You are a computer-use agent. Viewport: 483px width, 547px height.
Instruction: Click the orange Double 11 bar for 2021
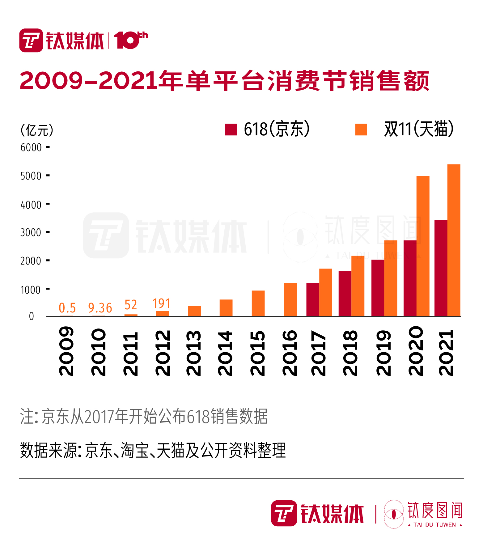coord(454,240)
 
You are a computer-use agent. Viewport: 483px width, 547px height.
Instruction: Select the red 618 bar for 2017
coord(313,299)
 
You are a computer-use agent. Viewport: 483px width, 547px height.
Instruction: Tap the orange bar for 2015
coord(258,303)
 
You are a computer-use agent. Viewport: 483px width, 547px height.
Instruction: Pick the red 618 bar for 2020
coord(410,278)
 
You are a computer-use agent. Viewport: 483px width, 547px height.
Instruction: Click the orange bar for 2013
coord(194,311)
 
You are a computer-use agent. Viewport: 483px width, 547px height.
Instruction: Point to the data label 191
coord(161,303)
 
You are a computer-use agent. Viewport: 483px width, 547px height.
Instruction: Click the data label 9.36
coord(100,308)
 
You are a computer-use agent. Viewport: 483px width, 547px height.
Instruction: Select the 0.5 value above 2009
coord(67,308)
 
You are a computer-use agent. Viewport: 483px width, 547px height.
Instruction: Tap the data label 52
coord(131,305)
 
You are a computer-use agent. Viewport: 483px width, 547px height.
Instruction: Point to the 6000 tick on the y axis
coord(31,147)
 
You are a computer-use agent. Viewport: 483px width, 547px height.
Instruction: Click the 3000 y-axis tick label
coord(31,232)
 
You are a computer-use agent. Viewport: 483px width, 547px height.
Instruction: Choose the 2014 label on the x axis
coord(225,353)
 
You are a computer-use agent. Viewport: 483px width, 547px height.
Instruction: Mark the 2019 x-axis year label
coord(383,353)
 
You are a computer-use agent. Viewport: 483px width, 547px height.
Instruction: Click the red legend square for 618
coord(231,129)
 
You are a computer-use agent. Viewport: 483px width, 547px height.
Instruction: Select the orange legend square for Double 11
coord(361,129)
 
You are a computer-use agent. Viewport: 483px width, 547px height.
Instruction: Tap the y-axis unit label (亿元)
coord(37,130)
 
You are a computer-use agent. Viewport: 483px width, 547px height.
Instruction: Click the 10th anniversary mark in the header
coord(131,40)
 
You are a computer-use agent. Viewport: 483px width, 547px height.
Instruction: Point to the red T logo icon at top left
coord(31,40)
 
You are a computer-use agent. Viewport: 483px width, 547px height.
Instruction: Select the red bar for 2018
coord(345,294)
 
